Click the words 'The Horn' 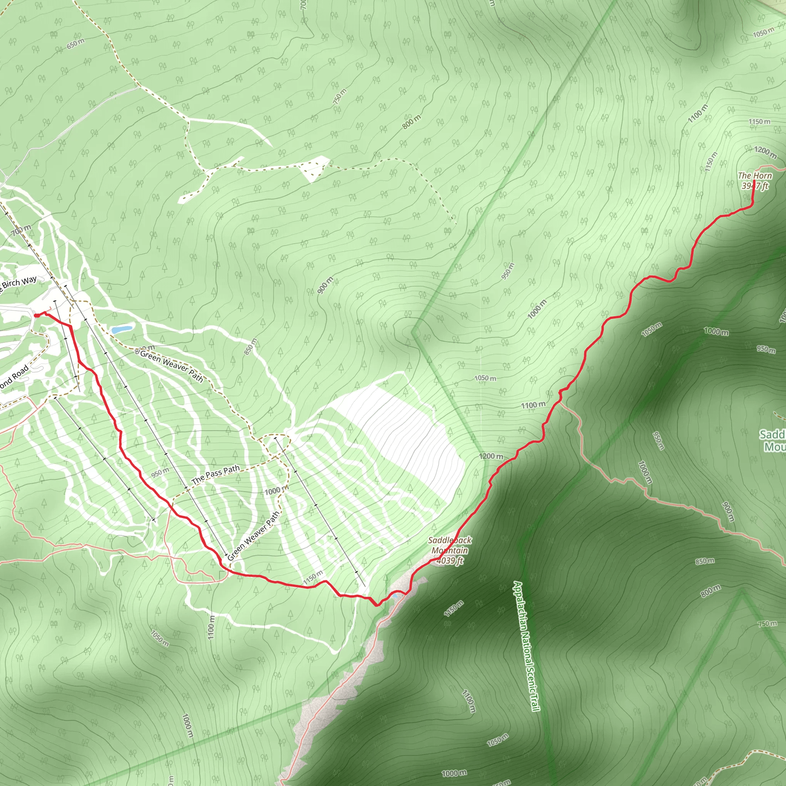point(755,176)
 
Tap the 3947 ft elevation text point(755,186)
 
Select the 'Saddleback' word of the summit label point(449,540)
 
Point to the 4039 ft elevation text point(449,561)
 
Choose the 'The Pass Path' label point(216,474)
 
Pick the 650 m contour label point(76,43)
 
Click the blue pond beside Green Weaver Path point(122,329)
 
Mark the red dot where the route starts point(36,315)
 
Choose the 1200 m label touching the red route point(491,456)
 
